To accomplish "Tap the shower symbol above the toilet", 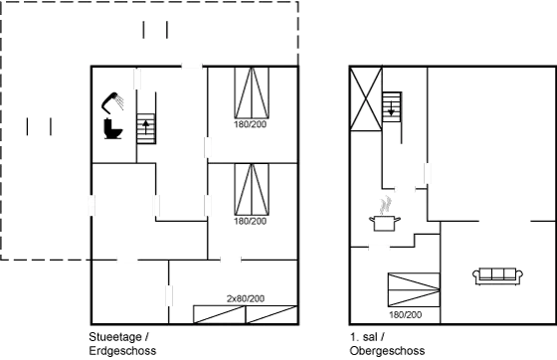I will tap(112, 100).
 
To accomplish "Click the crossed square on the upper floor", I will tap(365, 100).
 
